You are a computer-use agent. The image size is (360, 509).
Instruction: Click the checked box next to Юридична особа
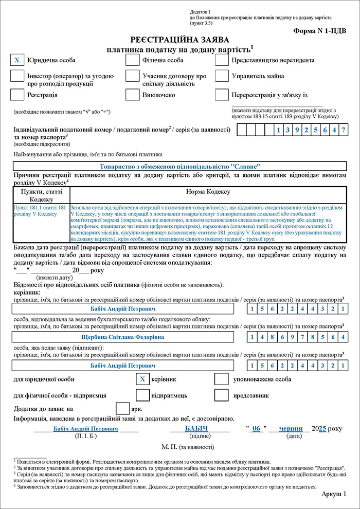17,60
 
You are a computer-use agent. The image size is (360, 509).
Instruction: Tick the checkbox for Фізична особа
133,60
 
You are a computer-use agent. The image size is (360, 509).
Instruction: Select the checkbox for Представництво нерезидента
222,60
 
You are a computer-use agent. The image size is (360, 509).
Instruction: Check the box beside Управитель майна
222,76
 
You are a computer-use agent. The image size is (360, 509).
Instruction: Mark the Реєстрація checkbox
17,95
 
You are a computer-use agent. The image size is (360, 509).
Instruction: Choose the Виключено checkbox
133,95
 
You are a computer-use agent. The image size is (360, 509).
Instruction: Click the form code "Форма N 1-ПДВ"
320,31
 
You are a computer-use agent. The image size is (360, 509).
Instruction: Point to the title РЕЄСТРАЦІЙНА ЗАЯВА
179,40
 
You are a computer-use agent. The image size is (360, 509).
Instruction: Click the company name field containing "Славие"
179,166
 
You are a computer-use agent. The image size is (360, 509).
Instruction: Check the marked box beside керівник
142,379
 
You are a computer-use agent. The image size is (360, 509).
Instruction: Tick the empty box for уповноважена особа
221,379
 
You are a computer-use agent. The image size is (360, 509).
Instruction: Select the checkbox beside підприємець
142,395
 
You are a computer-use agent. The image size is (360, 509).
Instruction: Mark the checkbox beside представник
221,395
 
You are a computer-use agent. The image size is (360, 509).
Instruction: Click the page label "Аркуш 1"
334,494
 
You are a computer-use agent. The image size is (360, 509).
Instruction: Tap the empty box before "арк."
122,408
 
